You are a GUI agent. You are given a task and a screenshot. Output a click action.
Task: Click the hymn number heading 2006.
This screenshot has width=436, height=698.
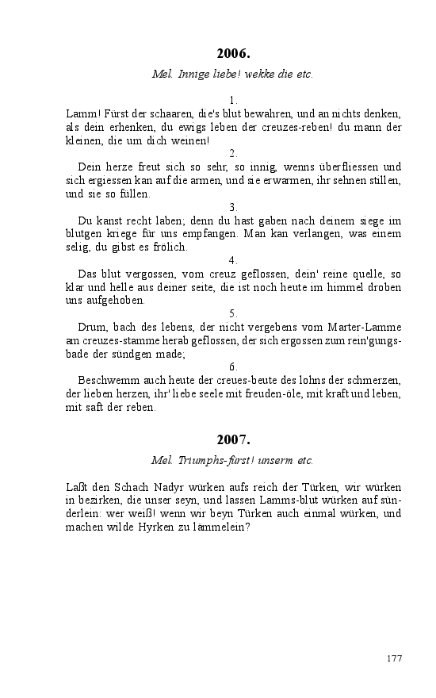pyautogui.click(x=233, y=54)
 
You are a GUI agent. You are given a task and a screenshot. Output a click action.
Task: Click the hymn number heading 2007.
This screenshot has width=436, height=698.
pyautogui.click(x=233, y=439)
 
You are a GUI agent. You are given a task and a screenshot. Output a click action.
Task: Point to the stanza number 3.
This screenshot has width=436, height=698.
pyautogui.click(x=233, y=207)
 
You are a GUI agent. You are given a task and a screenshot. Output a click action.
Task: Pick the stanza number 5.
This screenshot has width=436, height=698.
pyautogui.click(x=233, y=313)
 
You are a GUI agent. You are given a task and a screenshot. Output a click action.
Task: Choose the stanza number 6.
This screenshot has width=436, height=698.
pyautogui.click(x=233, y=366)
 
